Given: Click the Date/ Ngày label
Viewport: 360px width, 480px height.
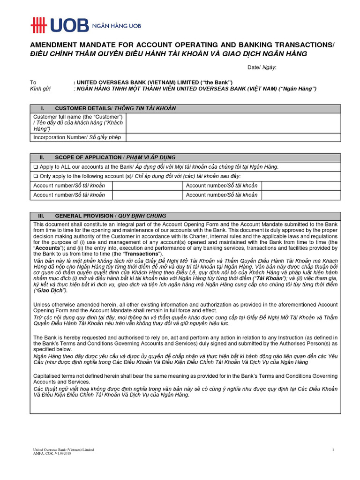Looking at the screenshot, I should coord(262,67).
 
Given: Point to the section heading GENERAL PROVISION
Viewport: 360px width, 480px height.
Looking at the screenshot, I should coord(84,216).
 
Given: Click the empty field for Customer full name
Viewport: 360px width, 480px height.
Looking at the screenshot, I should coord(233,123).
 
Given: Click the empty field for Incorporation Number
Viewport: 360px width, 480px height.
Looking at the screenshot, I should coord(233,137).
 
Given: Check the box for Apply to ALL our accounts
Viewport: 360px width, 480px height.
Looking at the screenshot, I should coord(35,167).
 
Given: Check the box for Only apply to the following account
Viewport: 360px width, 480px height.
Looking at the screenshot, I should coord(35,176).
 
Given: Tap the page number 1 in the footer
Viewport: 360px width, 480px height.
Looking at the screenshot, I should coord(332,450).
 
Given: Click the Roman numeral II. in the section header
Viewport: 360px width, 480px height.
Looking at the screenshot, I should coord(42,157).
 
